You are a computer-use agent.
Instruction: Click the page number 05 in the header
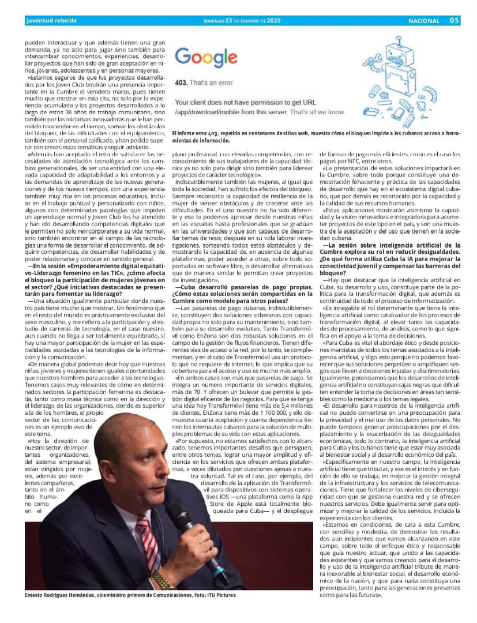pos(454,21)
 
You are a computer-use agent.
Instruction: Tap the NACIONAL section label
pos(423,21)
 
